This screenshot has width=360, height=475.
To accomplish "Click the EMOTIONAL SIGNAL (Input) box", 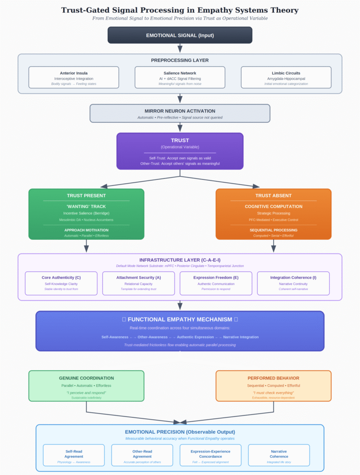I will coord(180,35).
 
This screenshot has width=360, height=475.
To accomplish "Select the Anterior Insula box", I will coord(74,77).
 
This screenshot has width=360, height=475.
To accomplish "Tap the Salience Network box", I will coord(180,77).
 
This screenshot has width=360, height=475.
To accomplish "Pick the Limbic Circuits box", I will coord(286,77).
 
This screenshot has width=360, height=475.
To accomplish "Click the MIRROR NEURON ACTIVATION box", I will coord(180,113).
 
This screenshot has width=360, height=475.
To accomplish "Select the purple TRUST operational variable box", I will coord(180,151).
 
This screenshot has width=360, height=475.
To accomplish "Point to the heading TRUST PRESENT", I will coord(86,195).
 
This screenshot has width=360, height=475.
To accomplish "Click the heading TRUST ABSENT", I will coord(273,195).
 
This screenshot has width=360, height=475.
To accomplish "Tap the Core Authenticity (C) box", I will coord(61,283).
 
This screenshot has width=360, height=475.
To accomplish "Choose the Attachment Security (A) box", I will coord(138,283).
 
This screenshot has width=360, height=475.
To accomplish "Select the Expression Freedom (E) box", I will coord(216,283).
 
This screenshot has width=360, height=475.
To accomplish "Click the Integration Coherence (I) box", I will coord(293,283).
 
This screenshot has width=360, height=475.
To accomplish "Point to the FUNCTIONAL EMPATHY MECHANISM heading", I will coord(180,319).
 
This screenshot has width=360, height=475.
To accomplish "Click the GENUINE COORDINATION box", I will coord(86,386).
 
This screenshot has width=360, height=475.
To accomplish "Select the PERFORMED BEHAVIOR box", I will coord(273,386).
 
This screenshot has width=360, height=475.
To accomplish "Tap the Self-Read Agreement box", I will coord(74,455).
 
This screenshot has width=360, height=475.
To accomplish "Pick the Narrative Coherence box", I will coord(279,455).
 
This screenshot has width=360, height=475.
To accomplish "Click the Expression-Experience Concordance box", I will coord(210,455).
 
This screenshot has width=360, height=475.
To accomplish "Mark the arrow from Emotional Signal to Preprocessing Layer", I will coord(180,48).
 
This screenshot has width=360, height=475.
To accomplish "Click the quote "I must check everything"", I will coord(273,393).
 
